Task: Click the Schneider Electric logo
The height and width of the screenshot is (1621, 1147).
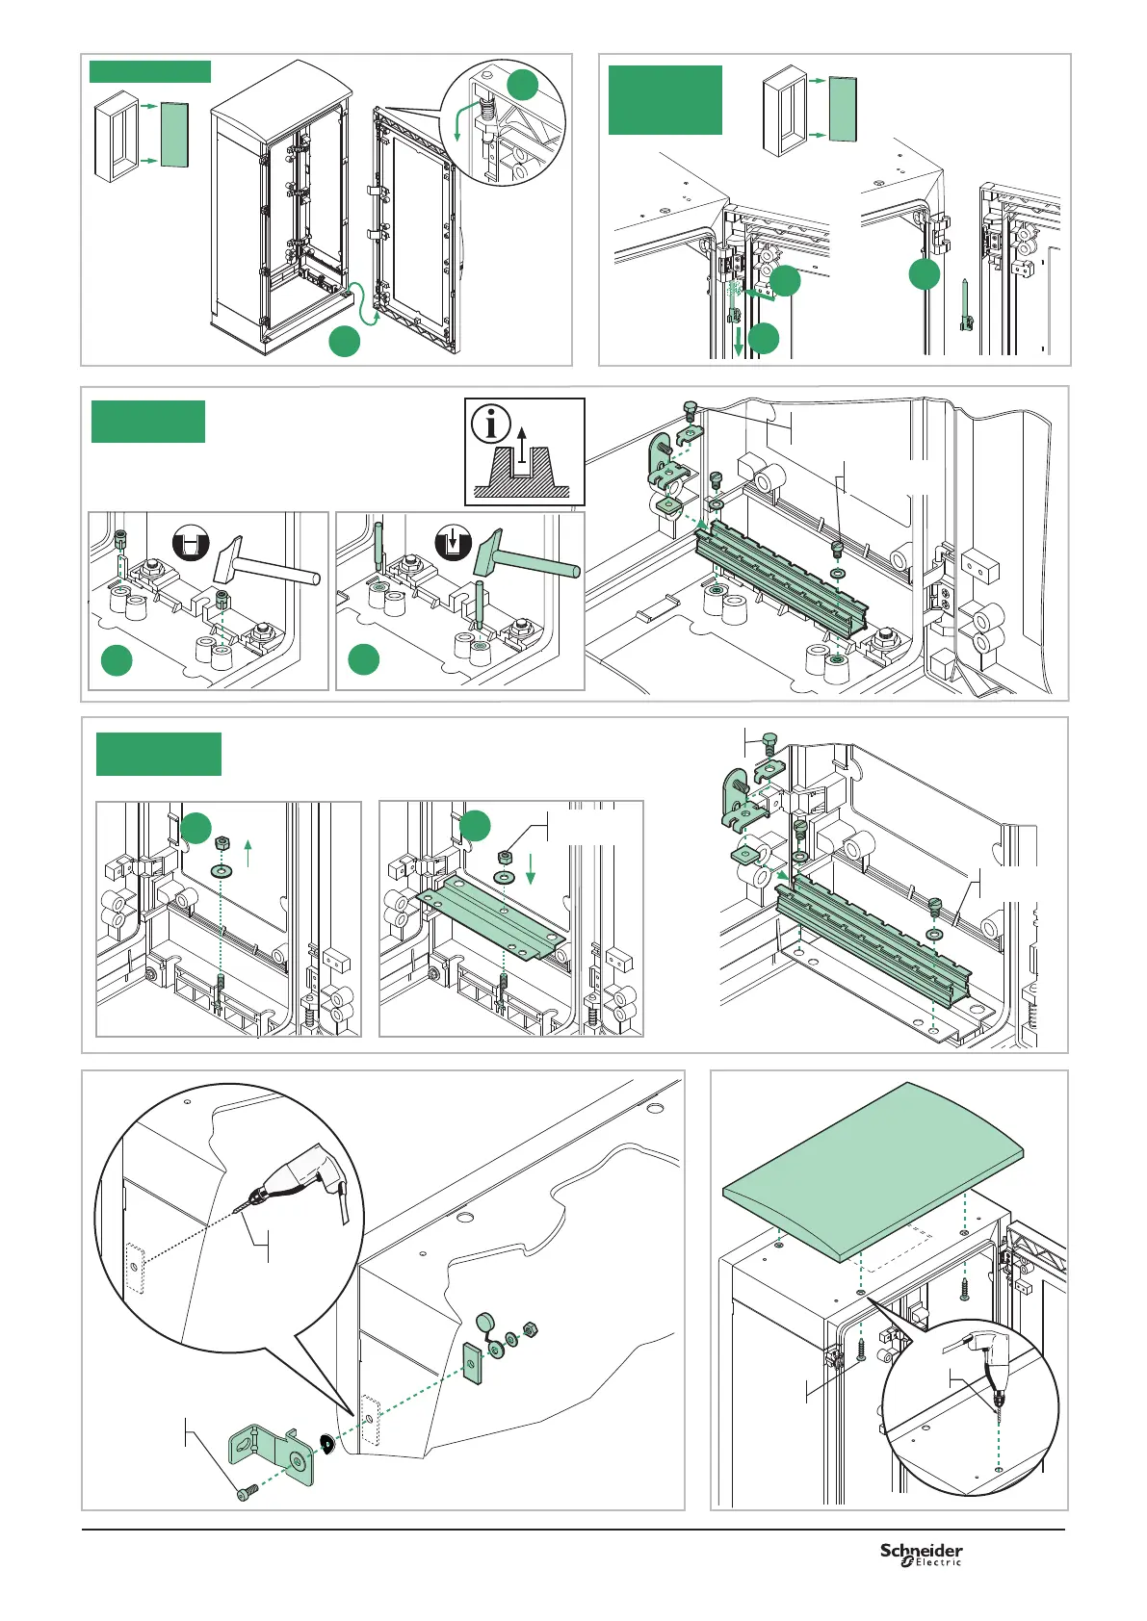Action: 921,1555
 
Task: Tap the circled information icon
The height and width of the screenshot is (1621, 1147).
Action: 491,425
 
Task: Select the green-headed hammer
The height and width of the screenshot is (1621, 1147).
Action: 527,553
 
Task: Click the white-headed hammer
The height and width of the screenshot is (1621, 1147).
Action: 266,559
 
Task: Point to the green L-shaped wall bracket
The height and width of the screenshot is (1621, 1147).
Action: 272,1454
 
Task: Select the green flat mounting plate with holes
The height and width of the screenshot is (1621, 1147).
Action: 491,914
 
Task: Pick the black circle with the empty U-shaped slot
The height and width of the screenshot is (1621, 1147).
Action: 191,544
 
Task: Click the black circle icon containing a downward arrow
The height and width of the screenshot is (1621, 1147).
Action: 453,544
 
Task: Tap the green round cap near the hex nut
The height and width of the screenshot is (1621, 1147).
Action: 484,1325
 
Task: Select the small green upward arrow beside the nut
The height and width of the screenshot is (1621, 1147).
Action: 248,853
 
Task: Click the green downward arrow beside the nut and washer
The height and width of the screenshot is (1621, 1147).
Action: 531,868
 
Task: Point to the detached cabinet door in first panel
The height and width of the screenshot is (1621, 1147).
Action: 415,229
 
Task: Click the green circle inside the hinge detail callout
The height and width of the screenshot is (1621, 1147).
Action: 523,85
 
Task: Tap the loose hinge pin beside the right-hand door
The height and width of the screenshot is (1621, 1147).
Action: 967,304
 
